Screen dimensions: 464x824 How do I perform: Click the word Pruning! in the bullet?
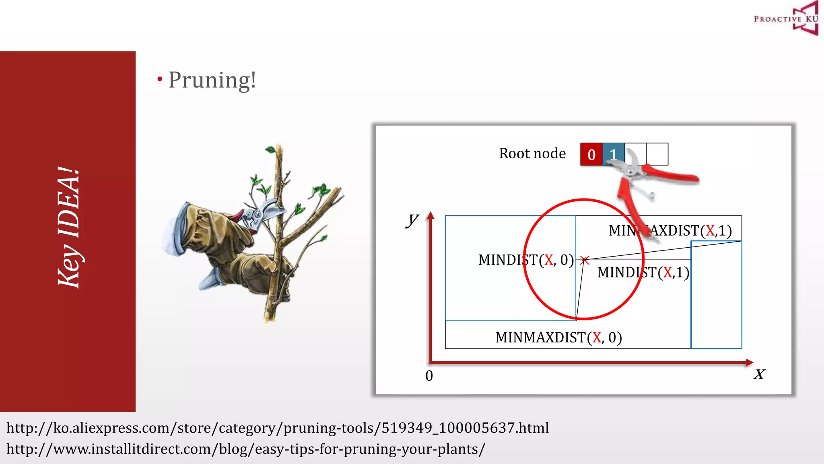[212, 80]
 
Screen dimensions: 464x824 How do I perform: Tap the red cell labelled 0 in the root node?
[591, 154]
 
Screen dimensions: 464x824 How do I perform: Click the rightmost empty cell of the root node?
[657, 154]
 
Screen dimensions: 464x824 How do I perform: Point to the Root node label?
[532, 153]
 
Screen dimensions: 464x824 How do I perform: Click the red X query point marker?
[585, 260]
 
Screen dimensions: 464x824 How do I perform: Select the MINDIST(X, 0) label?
[526, 260]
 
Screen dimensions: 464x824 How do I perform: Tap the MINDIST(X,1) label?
[643, 273]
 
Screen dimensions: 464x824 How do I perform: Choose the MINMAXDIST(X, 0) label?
[558, 338]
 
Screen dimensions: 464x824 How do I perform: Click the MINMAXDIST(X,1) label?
[670, 231]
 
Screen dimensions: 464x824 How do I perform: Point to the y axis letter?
[412, 220]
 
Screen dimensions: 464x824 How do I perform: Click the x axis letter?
[759, 374]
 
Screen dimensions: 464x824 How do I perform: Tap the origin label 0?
[429, 376]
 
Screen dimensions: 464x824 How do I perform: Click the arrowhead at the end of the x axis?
[749, 362]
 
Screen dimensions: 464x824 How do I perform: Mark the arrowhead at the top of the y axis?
[431, 215]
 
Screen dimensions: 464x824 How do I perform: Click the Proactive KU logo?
[786, 19]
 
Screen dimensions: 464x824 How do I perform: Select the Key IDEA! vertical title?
[68, 228]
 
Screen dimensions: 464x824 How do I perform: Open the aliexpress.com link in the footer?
[278, 428]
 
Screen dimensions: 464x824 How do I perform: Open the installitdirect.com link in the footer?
[246, 449]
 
